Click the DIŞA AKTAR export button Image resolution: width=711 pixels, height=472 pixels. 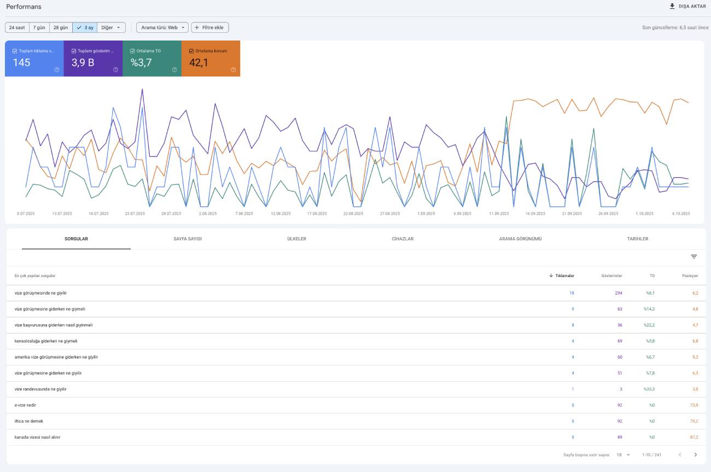click(687, 7)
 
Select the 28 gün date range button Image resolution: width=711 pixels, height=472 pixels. click(61, 28)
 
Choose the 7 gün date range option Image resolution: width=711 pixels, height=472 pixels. click(39, 28)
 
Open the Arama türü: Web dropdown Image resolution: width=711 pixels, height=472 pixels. click(162, 28)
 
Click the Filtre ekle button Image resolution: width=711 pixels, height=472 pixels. click(210, 28)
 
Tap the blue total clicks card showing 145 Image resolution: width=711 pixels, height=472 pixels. click(34, 59)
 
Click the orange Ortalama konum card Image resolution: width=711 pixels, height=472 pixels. click(211, 59)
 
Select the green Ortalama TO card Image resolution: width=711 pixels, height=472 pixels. click(152, 59)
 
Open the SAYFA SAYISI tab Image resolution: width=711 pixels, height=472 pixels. click(188, 239)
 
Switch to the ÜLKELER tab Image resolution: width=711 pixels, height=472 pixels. click(297, 239)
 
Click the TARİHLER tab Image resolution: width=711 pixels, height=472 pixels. click(638, 239)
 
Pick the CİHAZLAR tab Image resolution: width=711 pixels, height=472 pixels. click(403, 239)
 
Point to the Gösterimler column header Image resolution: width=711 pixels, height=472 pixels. click(611, 276)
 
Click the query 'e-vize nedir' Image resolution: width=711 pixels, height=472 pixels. click(25, 405)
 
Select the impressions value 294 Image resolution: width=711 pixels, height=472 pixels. click(619, 293)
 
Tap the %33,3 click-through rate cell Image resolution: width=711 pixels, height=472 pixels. click(649, 389)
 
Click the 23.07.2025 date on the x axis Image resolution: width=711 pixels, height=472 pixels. click(135, 214)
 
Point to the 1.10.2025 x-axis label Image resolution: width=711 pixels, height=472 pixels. click(644, 214)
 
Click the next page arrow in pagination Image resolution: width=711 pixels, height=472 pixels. click(696, 455)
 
